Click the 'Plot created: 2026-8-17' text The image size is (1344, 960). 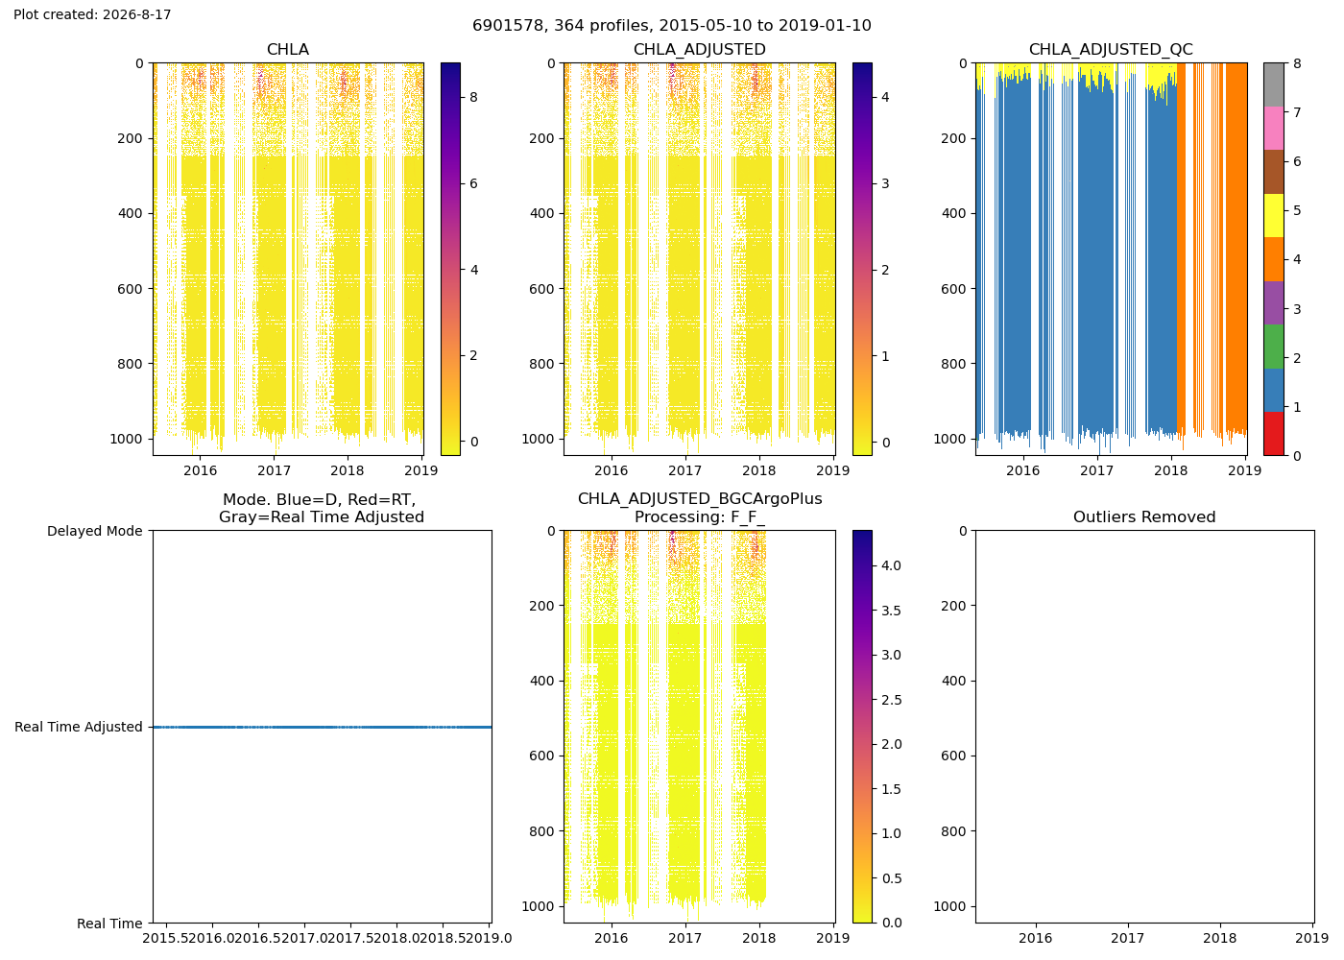(92, 14)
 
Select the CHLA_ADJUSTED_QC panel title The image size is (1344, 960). (1111, 49)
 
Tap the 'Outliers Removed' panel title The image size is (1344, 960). (1144, 516)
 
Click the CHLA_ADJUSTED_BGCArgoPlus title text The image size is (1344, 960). (700, 498)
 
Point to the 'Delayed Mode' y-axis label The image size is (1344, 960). (95, 531)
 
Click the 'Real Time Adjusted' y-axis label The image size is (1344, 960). (79, 727)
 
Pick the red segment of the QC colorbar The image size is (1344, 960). (1273, 433)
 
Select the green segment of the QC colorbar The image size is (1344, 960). (1273, 347)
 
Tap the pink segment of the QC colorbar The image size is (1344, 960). (1273, 128)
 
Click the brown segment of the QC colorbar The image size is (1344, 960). (1273, 172)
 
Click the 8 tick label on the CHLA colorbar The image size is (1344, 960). (473, 97)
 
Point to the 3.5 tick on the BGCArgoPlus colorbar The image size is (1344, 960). (891, 611)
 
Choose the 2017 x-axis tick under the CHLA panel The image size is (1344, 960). (275, 470)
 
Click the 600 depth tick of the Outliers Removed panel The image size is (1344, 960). (953, 756)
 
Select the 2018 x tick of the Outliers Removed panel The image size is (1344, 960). (1220, 938)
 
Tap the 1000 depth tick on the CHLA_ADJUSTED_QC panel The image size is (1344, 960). (949, 439)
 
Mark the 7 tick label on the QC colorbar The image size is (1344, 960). (1297, 112)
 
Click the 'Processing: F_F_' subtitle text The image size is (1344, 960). (700, 516)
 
